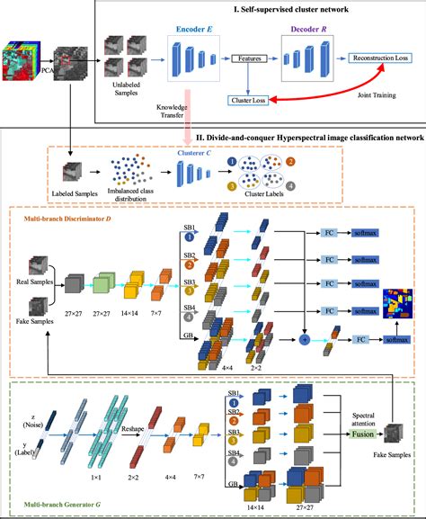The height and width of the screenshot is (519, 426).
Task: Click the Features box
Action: pyautogui.click(x=250, y=58)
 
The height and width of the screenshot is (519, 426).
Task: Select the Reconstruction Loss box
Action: pyautogui.click(x=380, y=58)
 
